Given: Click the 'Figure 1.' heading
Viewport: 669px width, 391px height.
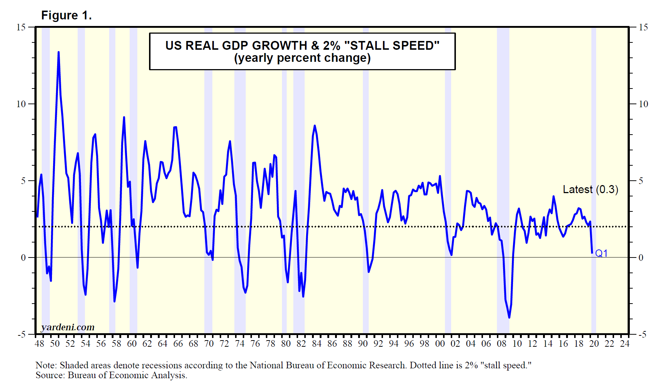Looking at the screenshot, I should click(x=66, y=15).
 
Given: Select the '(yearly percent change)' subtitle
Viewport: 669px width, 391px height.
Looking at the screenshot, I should click(x=302, y=58).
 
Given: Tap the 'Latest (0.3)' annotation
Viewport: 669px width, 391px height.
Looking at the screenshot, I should click(x=590, y=189).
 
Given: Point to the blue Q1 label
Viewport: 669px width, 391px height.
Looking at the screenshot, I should click(x=601, y=253).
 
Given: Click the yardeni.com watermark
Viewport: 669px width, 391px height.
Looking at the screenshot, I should click(x=68, y=327).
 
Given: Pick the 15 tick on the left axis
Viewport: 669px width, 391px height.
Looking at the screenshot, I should click(x=21, y=27).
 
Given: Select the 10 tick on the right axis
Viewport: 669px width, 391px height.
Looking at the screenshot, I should click(x=643, y=104).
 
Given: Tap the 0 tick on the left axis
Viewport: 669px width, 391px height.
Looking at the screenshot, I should click(x=23, y=257).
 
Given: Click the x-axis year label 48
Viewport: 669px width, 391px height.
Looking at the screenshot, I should click(x=39, y=344).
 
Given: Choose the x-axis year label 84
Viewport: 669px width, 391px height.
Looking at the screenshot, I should click(x=316, y=344).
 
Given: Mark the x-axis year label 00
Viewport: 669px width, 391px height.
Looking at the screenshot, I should click(x=440, y=344).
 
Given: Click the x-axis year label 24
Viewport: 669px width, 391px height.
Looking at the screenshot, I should click(x=625, y=344).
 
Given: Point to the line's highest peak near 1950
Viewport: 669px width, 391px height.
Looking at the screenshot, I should click(x=59, y=52).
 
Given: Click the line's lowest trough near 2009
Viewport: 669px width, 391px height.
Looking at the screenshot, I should click(x=509, y=317).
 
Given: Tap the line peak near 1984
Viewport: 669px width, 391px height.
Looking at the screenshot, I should click(x=315, y=126).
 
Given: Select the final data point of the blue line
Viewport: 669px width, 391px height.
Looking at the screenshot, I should click(x=592, y=253).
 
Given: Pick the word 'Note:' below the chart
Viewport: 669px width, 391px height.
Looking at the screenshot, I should click(x=46, y=365).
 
